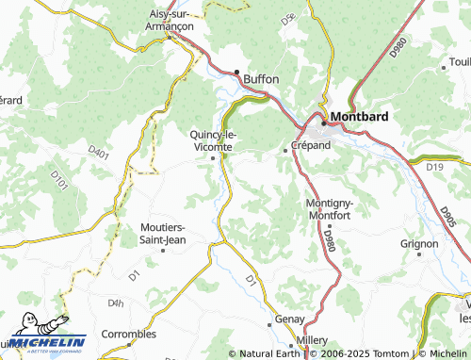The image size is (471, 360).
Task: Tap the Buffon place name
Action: point(261,79)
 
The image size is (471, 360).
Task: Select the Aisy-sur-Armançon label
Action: point(171,20)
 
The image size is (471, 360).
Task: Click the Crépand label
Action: point(311,147)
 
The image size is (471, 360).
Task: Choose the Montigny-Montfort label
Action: point(331,209)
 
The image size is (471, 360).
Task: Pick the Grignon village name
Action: point(419,243)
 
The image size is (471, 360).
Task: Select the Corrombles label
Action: point(129,334)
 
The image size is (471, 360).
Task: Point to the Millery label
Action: point(311,338)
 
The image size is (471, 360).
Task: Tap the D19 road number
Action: point(434,167)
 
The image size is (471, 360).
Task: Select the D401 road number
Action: point(98,150)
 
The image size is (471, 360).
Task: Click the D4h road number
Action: point(116,303)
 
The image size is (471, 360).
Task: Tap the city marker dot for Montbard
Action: point(323,123)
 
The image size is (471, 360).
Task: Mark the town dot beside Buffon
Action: point(237,73)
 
